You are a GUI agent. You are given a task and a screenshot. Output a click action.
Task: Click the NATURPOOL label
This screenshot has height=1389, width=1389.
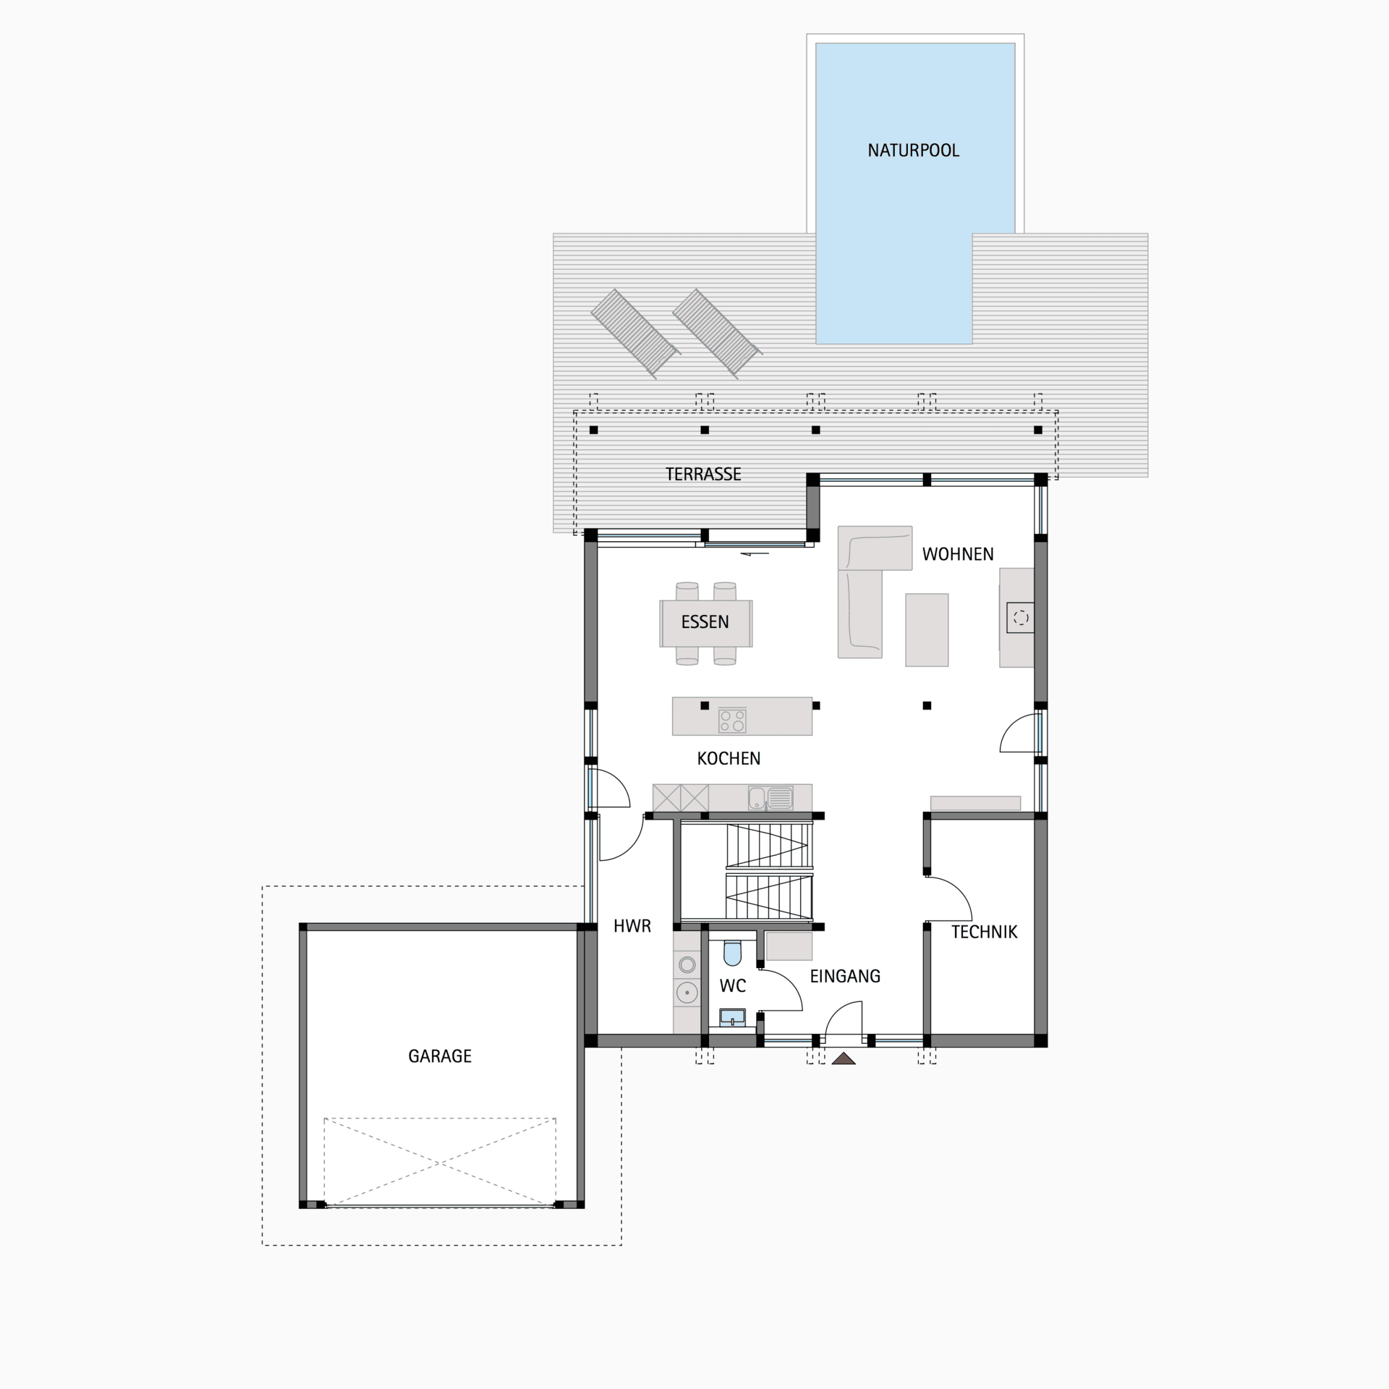913,150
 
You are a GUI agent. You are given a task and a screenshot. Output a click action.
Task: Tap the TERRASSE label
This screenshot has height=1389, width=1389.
703,475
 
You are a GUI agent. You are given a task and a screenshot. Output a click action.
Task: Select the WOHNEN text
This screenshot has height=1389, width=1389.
958,554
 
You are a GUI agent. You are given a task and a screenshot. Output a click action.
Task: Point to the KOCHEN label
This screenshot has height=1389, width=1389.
729,758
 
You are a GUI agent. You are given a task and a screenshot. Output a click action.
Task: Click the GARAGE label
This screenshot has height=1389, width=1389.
440,1056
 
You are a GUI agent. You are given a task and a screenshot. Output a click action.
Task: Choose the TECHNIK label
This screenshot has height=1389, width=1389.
984,932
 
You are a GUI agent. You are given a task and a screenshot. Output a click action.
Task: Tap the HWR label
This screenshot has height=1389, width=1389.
632,926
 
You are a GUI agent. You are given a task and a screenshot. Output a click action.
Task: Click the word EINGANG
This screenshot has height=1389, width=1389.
845,976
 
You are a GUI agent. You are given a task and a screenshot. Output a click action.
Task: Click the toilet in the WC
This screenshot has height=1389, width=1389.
732,953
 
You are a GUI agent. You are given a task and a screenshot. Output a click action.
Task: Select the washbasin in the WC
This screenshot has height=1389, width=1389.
732,1018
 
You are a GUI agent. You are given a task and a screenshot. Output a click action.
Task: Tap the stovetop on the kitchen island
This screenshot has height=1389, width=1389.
732,721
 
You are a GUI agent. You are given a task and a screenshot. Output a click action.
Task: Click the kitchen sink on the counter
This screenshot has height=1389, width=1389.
770,798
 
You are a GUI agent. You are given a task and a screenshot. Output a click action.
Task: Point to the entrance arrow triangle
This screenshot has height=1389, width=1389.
844,1059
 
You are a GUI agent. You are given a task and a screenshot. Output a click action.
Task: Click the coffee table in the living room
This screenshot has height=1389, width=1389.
927,629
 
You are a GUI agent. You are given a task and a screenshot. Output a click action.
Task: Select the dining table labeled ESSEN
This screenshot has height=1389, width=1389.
705,623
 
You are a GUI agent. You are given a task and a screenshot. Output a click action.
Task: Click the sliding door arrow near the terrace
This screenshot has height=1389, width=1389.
754,554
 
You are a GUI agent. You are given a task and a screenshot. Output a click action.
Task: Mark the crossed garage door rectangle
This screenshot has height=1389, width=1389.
440,1163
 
